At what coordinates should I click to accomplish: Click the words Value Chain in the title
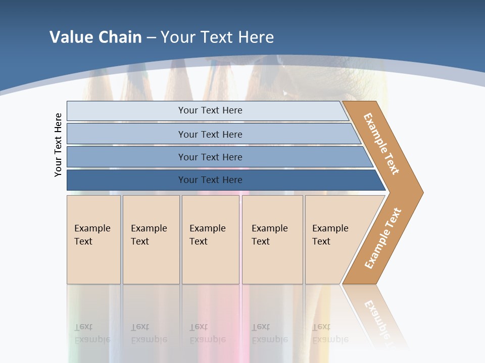[95, 37]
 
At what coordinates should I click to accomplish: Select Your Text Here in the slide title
[217, 37]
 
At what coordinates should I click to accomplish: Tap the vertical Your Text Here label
[58, 145]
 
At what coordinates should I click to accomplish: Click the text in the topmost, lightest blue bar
[210, 110]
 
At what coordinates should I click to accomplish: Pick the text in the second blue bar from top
[210, 135]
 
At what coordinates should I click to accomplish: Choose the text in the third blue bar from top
[210, 157]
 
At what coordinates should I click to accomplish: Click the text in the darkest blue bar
[210, 180]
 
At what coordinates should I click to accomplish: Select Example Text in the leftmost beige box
[92, 235]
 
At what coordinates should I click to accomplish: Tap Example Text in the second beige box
[149, 235]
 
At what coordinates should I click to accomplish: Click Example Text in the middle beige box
[207, 235]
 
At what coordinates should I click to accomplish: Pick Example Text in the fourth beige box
[269, 235]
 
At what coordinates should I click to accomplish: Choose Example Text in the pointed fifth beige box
[330, 235]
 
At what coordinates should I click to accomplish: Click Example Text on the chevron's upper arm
[381, 144]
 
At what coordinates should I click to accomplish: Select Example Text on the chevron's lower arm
[383, 238]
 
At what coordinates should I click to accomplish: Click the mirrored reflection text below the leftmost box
[92, 334]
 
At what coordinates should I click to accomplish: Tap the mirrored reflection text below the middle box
[207, 334]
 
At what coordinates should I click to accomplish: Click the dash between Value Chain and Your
[151, 38]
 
